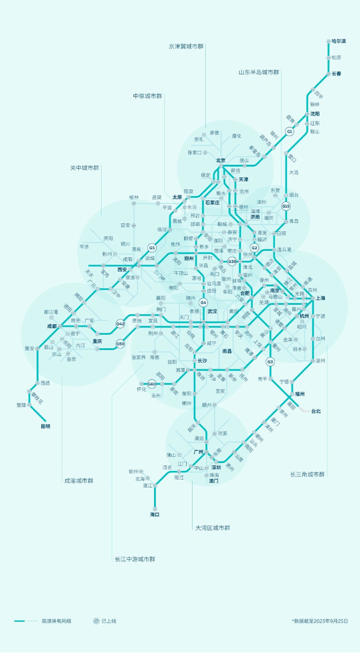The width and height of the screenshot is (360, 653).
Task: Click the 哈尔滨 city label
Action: (x=338, y=41)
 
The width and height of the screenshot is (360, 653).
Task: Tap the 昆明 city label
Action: (x=45, y=426)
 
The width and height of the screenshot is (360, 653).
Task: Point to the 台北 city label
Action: (x=316, y=411)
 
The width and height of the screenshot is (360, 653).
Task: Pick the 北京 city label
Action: (x=221, y=160)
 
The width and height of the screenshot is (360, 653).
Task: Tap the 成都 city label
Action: (x=52, y=326)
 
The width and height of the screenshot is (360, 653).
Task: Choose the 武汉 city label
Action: (x=213, y=311)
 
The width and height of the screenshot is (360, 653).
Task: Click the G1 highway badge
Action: (x=290, y=132)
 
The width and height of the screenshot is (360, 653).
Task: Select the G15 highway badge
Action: (x=286, y=206)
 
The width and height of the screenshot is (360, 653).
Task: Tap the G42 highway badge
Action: (x=120, y=324)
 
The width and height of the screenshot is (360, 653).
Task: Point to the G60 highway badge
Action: (x=151, y=384)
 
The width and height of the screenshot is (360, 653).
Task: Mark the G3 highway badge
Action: (x=270, y=361)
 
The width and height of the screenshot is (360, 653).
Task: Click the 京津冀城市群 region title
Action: (x=187, y=47)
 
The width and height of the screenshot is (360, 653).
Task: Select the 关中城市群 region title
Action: (x=84, y=167)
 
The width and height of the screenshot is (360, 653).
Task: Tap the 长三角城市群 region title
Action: (x=307, y=474)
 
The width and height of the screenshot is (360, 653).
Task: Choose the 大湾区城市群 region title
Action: (x=213, y=527)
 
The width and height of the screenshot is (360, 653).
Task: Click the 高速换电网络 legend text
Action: (x=56, y=621)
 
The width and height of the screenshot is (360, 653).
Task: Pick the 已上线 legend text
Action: (x=109, y=621)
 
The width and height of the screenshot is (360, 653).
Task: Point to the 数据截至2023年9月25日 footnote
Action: (x=319, y=621)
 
